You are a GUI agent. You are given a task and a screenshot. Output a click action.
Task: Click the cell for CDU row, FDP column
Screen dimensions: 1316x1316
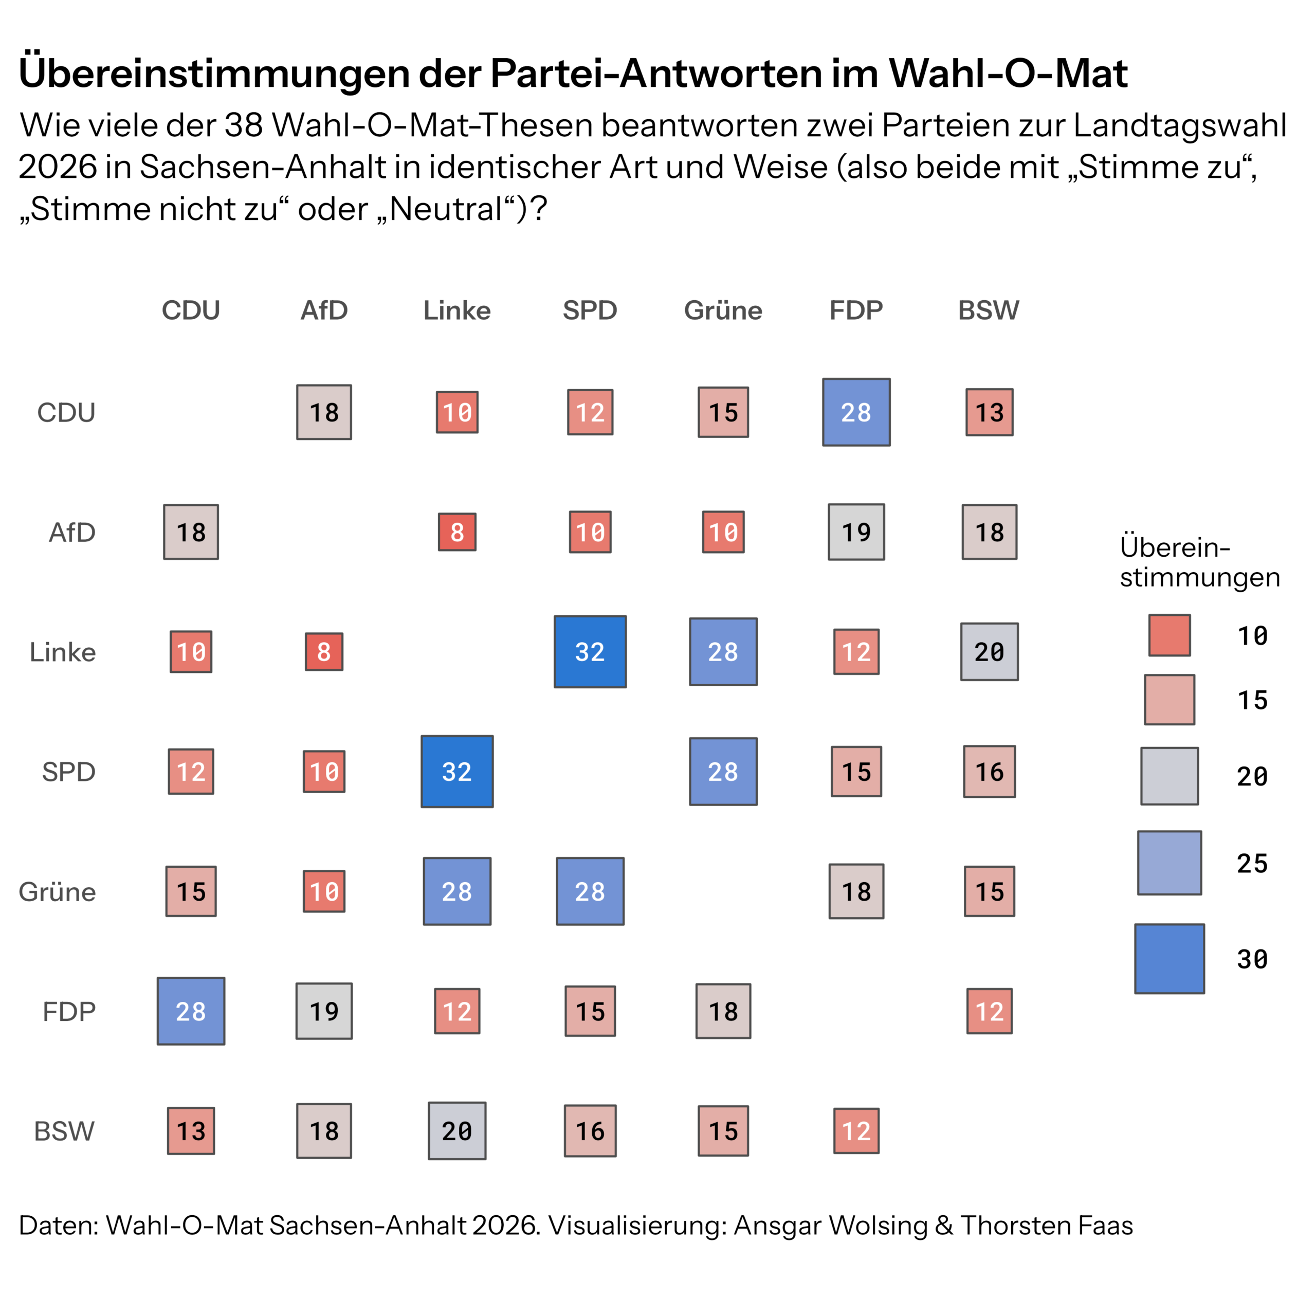[x=856, y=412]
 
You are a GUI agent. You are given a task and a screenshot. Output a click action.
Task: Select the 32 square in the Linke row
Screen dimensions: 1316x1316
[x=590, y=652]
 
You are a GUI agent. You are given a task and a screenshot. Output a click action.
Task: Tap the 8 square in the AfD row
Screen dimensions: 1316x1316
[x=457, y=532]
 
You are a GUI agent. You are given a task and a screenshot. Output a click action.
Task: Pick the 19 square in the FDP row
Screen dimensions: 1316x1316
[x=324, y=1011]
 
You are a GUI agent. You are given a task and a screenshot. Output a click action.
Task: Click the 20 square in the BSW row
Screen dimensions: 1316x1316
[x=457, y=1131]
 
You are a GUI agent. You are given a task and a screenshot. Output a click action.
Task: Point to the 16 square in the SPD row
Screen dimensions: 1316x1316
[x=990, y=772]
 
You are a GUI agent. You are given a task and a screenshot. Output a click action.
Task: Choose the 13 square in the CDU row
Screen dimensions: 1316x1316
[x=990, y=412]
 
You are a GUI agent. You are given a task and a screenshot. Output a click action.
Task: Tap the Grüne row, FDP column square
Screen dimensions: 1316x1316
[x=856, y=891]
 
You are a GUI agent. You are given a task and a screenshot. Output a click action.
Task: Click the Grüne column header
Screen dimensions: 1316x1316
[x=723, y=310]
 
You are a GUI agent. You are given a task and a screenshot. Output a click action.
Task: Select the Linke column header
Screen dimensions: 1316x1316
[x=457, y=310]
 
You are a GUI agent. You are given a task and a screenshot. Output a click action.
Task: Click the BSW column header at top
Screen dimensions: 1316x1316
[x=989, y=310]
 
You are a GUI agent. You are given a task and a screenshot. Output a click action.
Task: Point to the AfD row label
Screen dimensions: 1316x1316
[x=72, y=532]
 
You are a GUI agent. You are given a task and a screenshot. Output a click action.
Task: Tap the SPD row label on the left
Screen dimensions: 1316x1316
[x=69, y=772]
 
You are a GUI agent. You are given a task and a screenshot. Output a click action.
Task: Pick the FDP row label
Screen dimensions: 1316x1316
[x=69, y=1012]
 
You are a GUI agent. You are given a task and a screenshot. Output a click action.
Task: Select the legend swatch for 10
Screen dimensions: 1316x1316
[x=1169, y=635]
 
